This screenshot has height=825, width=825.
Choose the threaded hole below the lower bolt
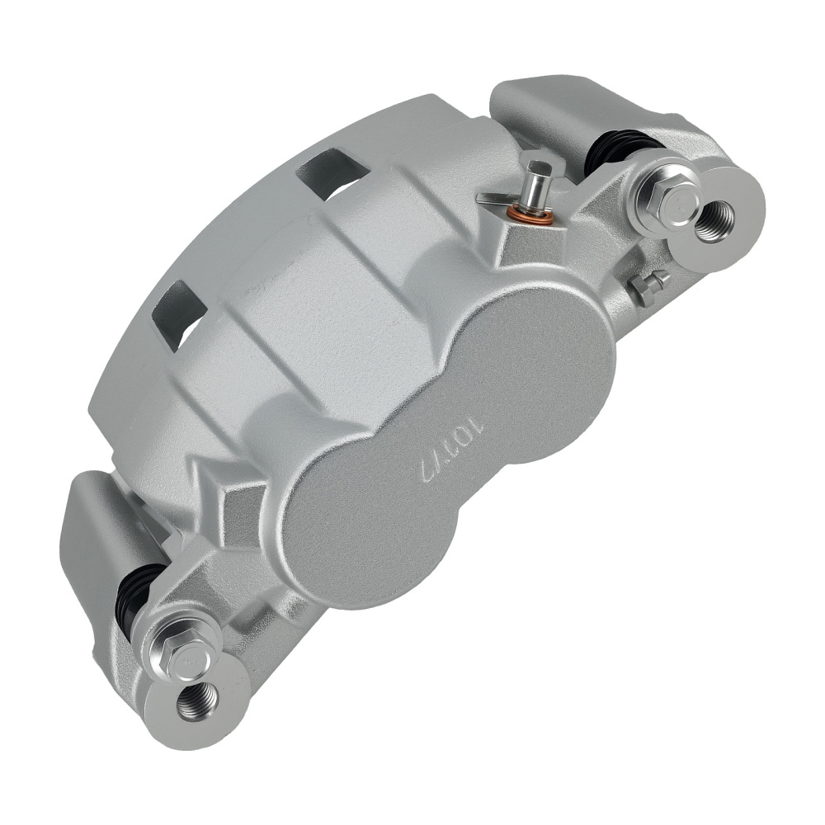point(198,700)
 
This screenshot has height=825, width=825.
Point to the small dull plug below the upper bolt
point(648,286)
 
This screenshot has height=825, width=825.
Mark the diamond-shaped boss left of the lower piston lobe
point(239,503)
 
